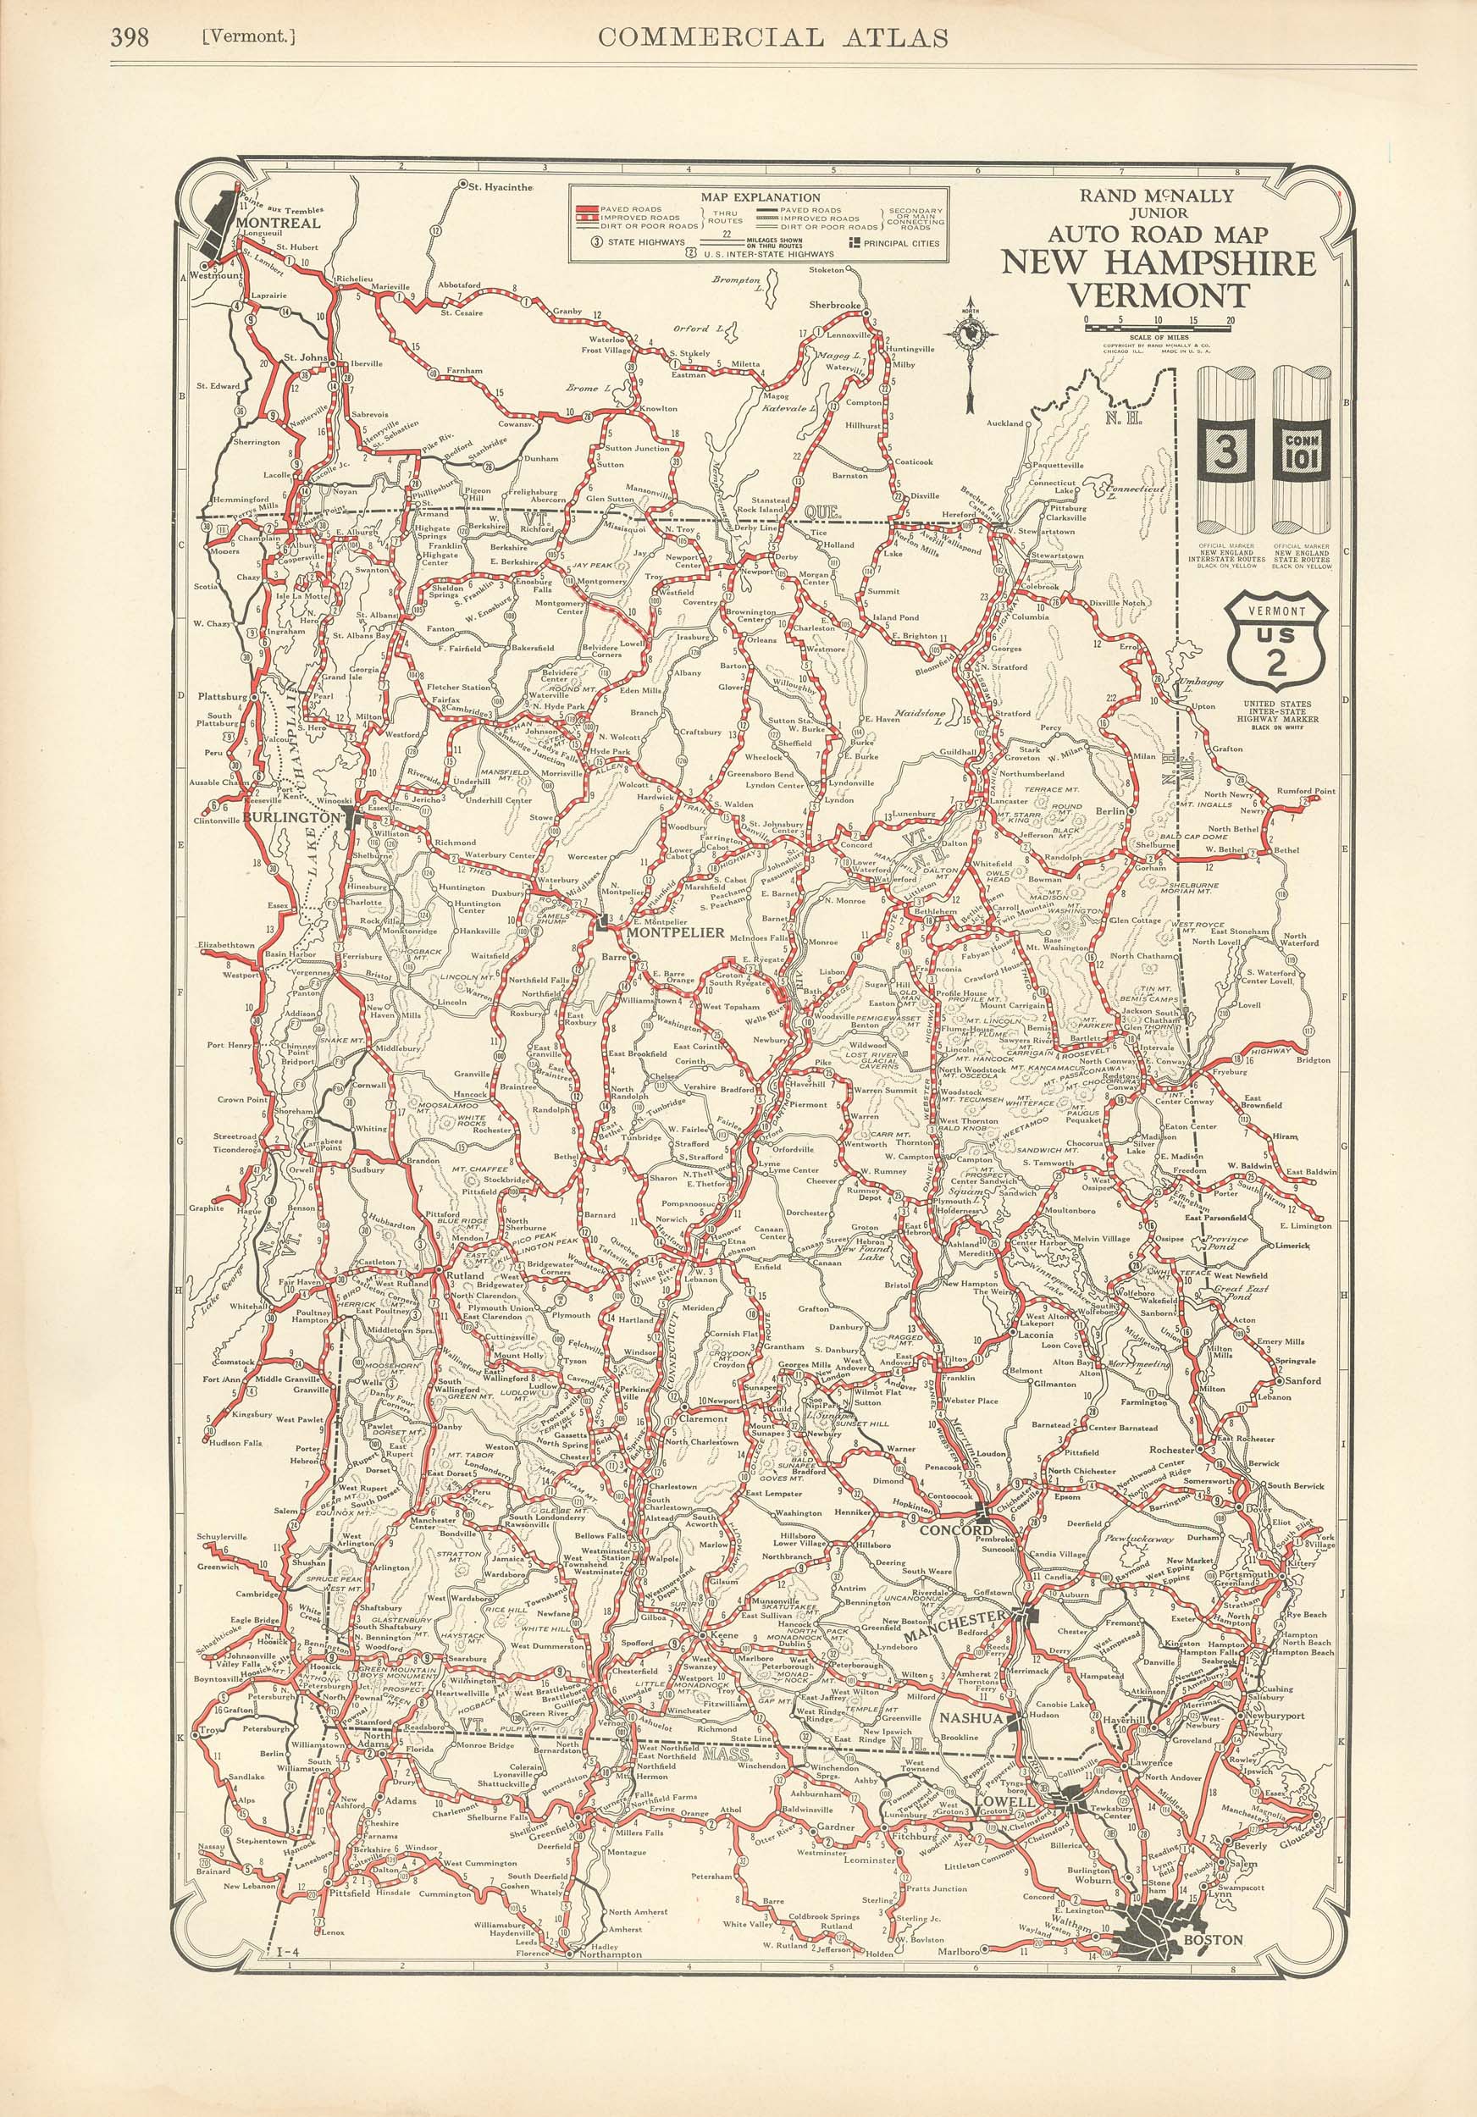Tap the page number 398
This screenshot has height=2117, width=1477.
click(x=130, y=38)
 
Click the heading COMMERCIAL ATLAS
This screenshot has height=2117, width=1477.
click(x=772, y=37)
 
